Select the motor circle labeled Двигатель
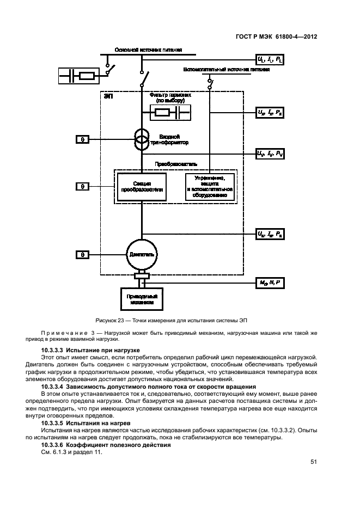(x=142, y=254)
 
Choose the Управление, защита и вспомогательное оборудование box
(x=210, y=187)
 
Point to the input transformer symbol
(x=142, y=139)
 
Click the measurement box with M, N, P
(x=270, y=283)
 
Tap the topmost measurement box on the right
(x=270, y=58)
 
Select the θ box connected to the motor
(x=82, y=254)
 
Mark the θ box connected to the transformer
(x=82, y=139)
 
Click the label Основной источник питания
(x=148, y=50)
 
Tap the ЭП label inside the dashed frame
(x=108, y=97)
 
